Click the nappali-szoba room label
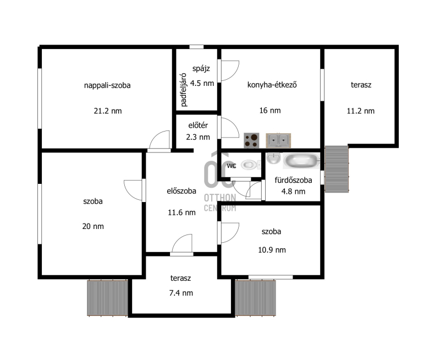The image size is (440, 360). click(x=107, y=85)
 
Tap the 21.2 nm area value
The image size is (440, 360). click(x=108, y=111)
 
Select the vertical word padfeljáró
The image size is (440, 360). click(x=183, y=90)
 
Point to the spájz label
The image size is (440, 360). click(x=201, y=69)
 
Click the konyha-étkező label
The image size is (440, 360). click(x=272, y=85)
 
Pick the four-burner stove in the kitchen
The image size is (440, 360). click(x=251, y=140)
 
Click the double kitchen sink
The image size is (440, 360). click(x=278, y=140)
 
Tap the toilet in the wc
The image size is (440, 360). click(x=250, y=165)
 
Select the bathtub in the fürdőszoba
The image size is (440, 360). click(x=301, y=161)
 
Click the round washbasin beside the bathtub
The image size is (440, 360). click(x=273, y=158)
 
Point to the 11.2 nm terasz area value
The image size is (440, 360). click(x=361, y=111)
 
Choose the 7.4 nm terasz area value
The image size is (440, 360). click(x=181, y=293)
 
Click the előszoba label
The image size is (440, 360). click(x=182, y=191)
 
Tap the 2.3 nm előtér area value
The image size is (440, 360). click(x=198, y=137)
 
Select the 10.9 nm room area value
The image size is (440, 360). click(x=272, y=250)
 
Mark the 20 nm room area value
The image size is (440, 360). click(x=93, y=226)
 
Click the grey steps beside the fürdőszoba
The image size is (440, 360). click(x=337, y=169)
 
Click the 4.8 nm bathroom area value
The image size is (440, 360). click(x=293, y=192)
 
